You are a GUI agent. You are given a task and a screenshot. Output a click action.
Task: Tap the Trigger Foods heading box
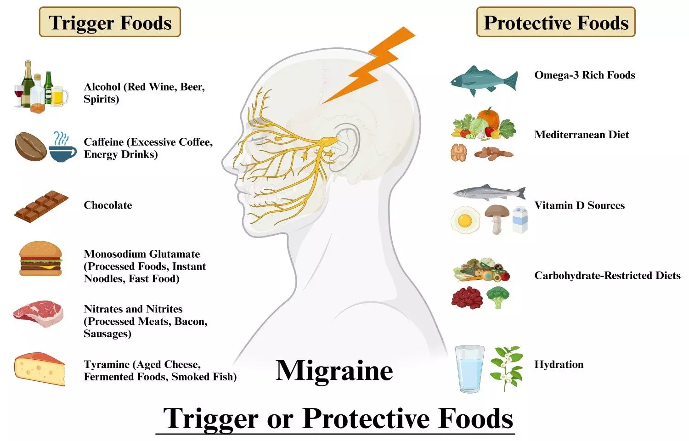click(110, 22)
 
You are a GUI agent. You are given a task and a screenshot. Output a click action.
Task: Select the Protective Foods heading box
click(556, 22)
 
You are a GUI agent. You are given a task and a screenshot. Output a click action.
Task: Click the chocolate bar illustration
click(41, 206)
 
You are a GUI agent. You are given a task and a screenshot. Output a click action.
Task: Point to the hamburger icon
click(40, 260)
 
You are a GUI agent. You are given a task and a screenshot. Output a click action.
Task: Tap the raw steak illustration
click(38, 314)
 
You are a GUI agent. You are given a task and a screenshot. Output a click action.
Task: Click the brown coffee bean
click(31, 146)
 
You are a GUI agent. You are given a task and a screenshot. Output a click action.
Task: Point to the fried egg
click(464, 220)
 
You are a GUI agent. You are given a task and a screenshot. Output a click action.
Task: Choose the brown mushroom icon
click(497, 218)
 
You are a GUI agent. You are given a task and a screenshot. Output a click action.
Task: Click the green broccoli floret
click(498, 296)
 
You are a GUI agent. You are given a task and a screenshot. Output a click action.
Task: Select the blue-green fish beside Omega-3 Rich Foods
click(483, 80)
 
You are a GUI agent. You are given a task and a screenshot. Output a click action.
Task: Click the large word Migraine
click(334, 370)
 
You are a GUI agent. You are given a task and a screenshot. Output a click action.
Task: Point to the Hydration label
click(559, 364)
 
